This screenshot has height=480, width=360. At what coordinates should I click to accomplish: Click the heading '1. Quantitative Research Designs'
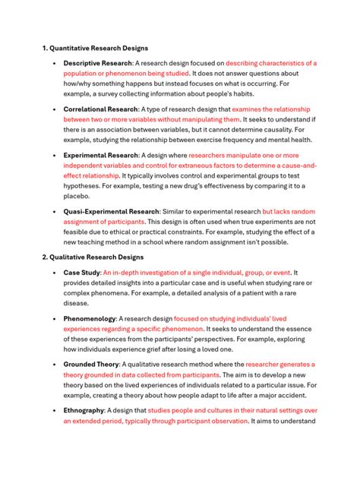point(95,48)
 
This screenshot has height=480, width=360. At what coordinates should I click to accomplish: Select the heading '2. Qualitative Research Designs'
point(92,257)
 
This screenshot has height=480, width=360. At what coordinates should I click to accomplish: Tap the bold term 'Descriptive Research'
point(97,63)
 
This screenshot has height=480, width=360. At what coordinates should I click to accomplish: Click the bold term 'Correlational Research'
point(99,109)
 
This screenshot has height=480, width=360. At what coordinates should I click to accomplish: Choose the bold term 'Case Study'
point(81,272)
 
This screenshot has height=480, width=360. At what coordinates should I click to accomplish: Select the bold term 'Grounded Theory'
point(91,365)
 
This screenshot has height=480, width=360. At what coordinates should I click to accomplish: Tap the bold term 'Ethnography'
point(84,410)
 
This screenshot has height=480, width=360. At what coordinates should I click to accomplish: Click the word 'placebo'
point(76,195)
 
